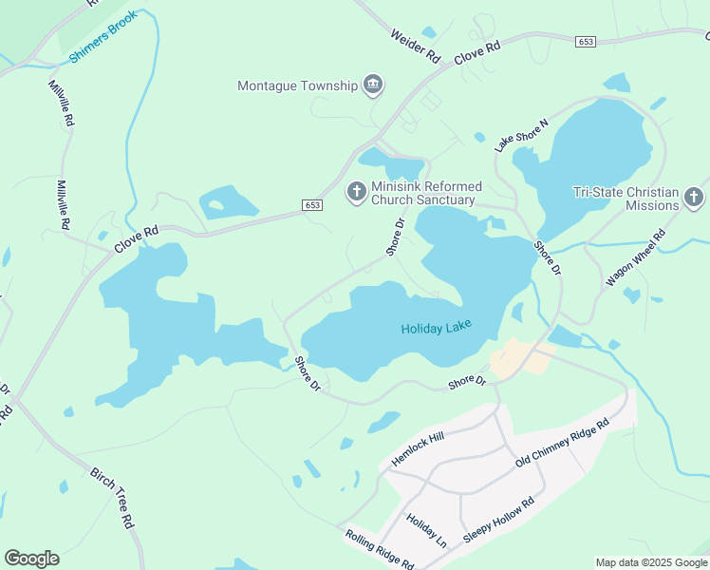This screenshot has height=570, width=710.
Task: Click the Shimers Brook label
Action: [103, 38]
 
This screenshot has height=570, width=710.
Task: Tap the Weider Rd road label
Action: [416, 46]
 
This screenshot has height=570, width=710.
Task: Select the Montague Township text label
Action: [297, 85]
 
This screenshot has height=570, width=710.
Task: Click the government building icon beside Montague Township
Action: [373, 85]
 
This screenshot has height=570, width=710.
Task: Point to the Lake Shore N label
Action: [521, 136]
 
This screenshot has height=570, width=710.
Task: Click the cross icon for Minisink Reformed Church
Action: [356, 192]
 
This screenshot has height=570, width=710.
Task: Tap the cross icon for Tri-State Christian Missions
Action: [694, 198]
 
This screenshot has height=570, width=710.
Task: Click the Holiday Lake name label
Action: [436, 330]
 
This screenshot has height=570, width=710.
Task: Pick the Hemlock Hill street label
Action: [418, 449]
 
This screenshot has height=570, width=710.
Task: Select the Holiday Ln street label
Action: [426, 531]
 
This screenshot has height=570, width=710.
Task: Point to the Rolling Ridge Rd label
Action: [379, 550]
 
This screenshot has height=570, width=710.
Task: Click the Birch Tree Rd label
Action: [113, 497]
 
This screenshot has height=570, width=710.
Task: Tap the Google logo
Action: [31, 559]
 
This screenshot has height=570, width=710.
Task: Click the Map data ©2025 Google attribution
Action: [650, 562]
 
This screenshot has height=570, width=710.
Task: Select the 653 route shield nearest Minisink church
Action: [313, 205]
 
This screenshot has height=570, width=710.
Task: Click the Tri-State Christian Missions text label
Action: [626, 198]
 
